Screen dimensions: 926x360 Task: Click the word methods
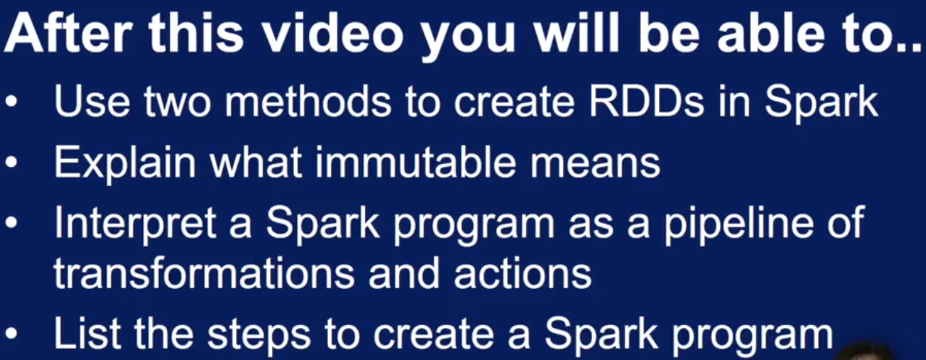tap(308, 102)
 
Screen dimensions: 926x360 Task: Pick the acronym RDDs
tap(646, 102)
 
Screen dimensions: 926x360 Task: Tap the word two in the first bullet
tap(177, 103)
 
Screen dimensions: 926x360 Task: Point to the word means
tap(595, 166)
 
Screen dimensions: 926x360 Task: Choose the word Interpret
tap(135, 224)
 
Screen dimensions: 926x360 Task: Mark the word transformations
tap(204, 273)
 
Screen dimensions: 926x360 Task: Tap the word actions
tap(523, 273)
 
